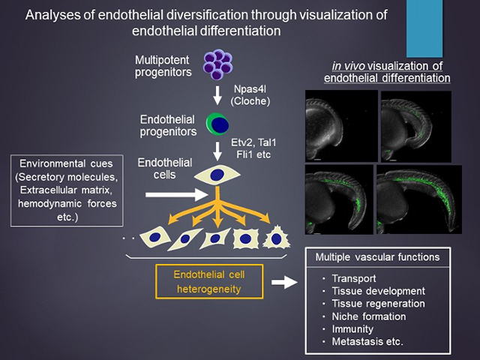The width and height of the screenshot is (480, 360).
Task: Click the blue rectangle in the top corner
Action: (425, 28)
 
